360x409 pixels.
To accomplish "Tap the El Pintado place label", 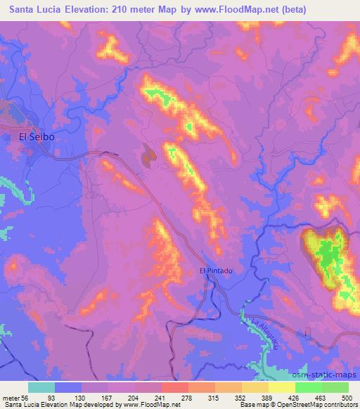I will (x=215, y=270).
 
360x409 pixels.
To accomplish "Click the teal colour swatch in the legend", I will (x=41, y=387).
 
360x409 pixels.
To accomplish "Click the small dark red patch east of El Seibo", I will (x=148, y=155).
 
